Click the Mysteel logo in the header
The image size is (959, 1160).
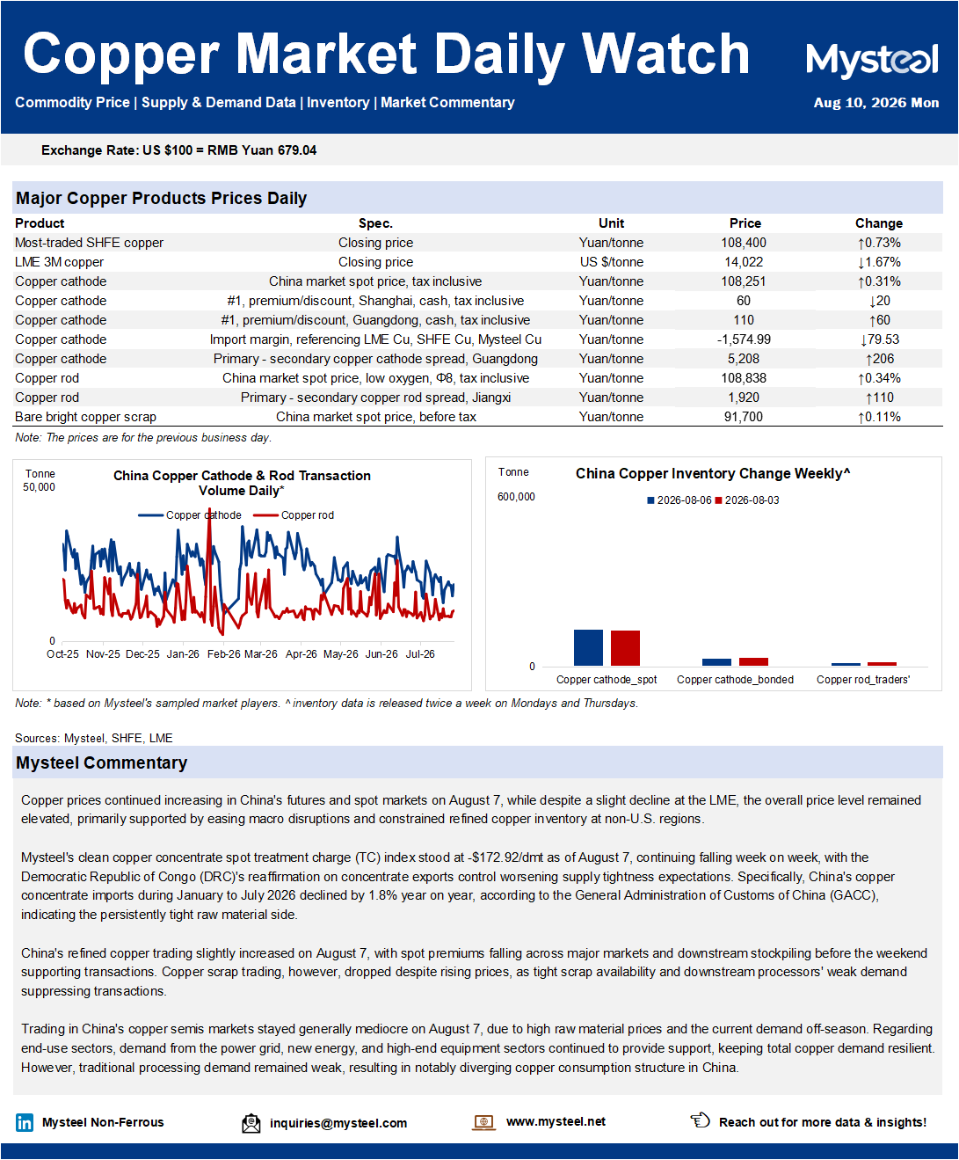pyautogui.click(x=872, y=61)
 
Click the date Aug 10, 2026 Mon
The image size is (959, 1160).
pyautogui.click(x=875, y=103)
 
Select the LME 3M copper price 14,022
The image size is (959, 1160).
pyautogui.click(x=744, y=262)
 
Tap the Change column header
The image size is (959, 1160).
pyautogui.click(x=878, y=223)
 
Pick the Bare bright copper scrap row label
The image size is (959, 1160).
pyautogui.click(x=85, y=417)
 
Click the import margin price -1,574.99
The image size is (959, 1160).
pyautogui.click(x=744, y=339)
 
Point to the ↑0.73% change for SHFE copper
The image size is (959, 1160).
pyautogui.click(x=878, y=243)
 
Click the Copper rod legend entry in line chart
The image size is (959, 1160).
pyautogui.click(x=294, y=515)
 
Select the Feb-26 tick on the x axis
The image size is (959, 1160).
pyautogui.click(x=223, y=654)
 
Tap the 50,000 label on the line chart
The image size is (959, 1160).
pyautogui.click(x=39, y=487)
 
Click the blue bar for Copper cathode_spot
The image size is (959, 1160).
pyautogui.click(x=588, y=647)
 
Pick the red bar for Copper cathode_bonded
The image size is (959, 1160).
pyautogui.click(x=753, y=661)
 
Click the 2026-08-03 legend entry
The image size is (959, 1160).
pyautogui.click(x=747, y=500)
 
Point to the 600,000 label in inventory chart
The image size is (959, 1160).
pyautogui.click(x=516, y=497)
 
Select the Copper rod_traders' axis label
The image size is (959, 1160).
pyautogui.click(x=863, y=680)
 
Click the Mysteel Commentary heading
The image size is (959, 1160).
pyautogui.click(x=102, y=762)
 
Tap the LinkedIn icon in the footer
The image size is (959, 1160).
pyautogui.click(x=25, y=1123)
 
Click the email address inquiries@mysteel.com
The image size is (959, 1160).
pyautogui.click(x=338, y=1123)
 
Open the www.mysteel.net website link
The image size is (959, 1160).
pyautogui.click(x=556, y=1121)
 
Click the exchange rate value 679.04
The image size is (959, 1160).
pyautogui.click(x=297, y=150)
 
